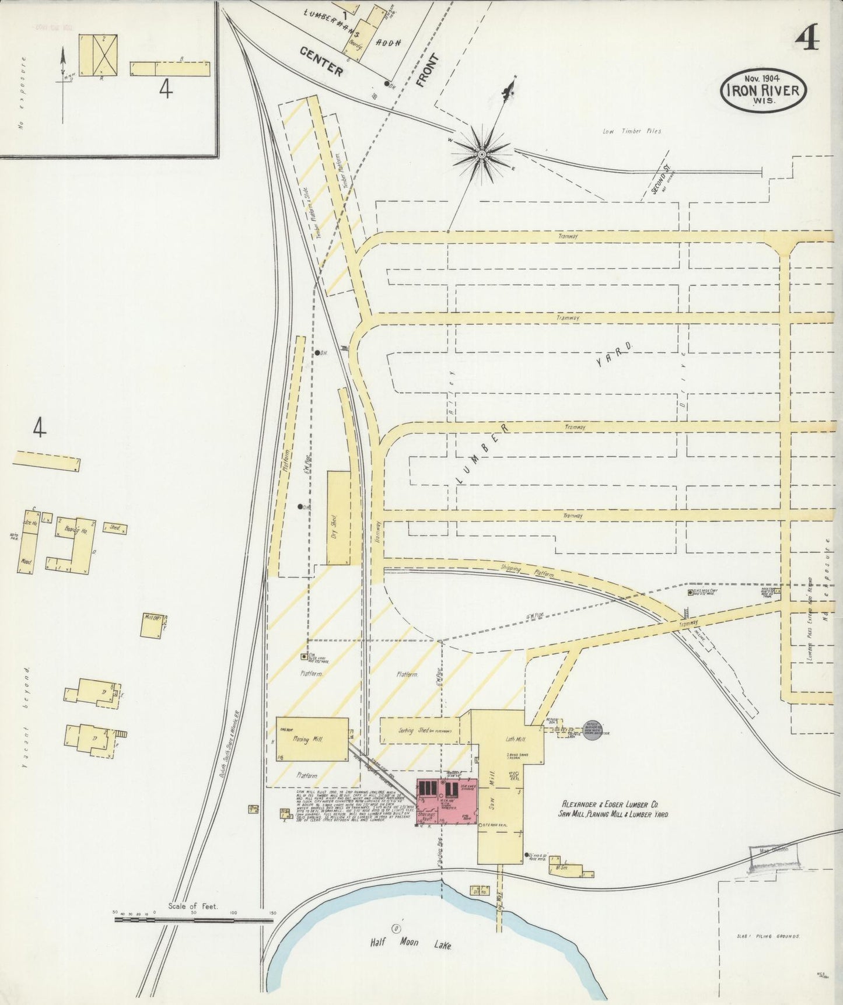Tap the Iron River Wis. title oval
[764, 90]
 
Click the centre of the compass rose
[482, 154]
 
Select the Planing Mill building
[312, 739]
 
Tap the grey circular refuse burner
[593, 730]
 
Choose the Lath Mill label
[515, 739]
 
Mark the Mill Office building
[154, 625]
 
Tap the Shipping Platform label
[527, 571]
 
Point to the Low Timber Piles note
[632, 131]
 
